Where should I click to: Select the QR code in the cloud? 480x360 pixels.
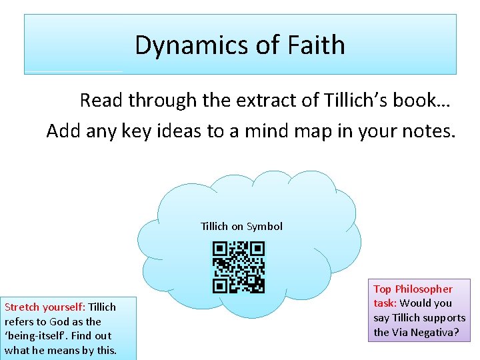coord(239,267)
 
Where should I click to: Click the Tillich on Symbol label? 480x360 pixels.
coord(241,226)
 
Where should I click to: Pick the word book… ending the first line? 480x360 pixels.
coord(423,100)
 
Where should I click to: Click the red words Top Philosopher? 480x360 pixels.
coord(413,289)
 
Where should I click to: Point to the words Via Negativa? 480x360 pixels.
coord(425,331)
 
